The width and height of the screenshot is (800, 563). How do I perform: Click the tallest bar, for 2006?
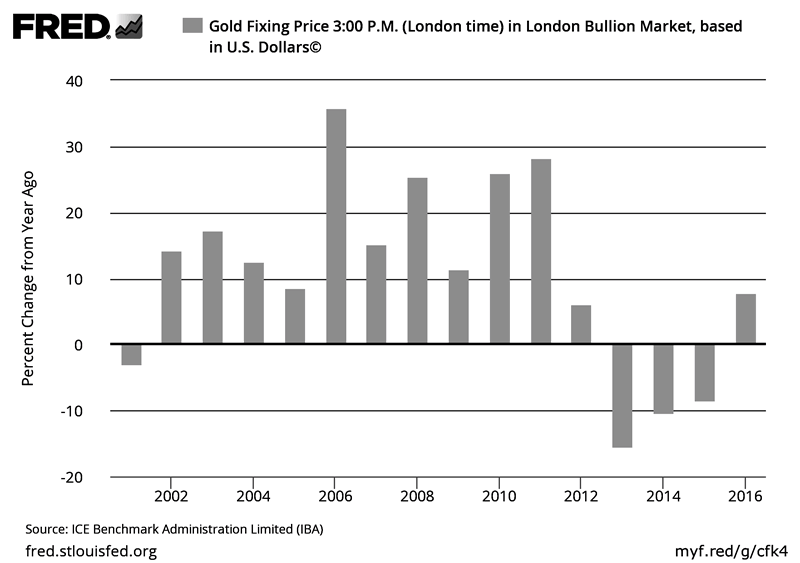[x=336, y=227]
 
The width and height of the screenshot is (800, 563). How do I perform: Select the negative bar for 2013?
[x=623, y=396]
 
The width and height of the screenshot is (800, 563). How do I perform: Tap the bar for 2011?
[x=541, y=252]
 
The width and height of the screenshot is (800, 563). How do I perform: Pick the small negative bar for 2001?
[x=131, y=355]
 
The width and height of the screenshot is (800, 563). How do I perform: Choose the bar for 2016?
[x=746, y=319]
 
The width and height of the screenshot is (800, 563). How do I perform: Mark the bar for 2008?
[x=418, y=261]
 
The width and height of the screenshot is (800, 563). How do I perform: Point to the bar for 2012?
[x=582, y=325]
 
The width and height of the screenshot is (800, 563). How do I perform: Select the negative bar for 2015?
[x=705, y=373]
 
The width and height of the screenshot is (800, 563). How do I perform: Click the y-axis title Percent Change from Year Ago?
[x=29, y=278]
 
